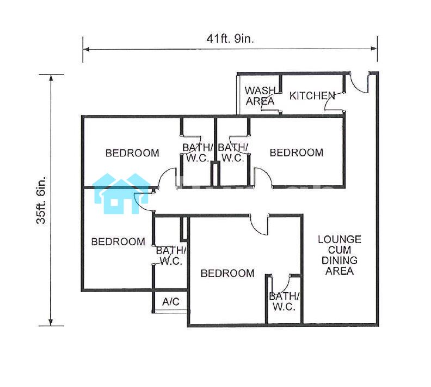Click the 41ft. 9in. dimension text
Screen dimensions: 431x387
230,39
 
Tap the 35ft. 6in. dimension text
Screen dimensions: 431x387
41,199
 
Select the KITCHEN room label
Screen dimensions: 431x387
312,96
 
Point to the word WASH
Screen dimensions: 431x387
260,90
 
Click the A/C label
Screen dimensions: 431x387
171,301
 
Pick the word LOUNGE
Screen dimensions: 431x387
340,239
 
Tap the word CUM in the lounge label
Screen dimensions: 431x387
340,250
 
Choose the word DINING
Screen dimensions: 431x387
340,260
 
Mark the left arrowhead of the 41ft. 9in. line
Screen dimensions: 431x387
86,49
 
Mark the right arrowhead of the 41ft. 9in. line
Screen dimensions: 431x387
374,49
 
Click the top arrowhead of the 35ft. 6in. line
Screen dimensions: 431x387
51,77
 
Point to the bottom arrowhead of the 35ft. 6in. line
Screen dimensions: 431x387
51,323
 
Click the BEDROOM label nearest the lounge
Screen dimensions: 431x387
227,273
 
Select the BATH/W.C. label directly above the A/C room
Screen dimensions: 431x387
171,256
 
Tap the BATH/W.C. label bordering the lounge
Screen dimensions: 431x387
285,301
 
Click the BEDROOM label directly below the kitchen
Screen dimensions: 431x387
296,153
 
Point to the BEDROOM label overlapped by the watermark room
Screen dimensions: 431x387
118,241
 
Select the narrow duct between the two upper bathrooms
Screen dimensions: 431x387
215,174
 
